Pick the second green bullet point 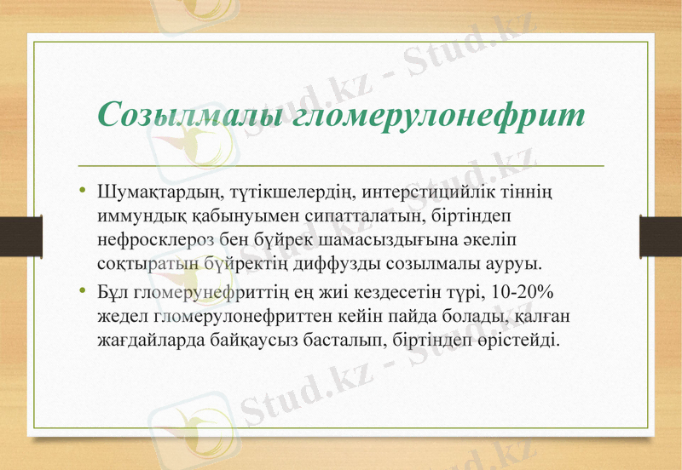tap(83, 293)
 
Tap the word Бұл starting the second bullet tap(112, 294)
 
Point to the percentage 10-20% tap(522, 294)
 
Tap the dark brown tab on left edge tap(20, 235)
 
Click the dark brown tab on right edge tap(661, 235)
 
